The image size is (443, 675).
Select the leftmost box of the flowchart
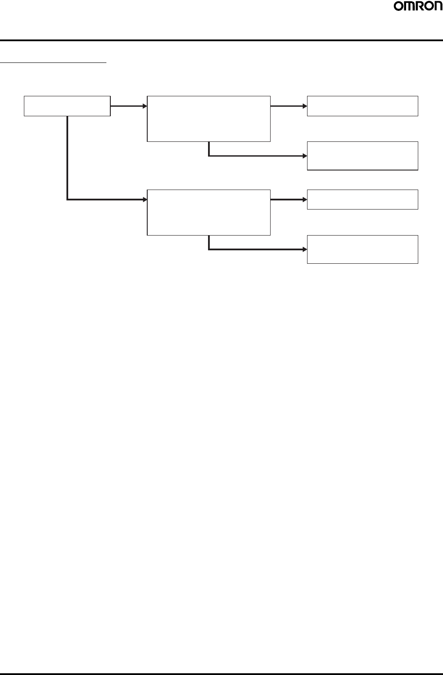pos(67,106)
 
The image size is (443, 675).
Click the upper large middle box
pos(208,118)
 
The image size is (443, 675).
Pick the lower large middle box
pos(208,212)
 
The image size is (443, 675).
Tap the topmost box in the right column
pos(362,106)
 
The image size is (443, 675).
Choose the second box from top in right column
pos(362,155)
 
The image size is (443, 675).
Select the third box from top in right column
pos(362,199)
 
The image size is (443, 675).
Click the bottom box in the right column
pos(362,249)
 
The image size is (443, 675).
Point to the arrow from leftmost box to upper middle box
pos(129,106)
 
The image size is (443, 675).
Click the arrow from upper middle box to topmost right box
pos(288,106)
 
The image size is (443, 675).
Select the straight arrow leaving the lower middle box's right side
pos(288,200)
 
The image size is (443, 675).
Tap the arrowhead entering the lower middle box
pos(145,200)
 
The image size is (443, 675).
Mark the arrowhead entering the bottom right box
pos(304,249)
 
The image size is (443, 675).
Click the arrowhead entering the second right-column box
pos(304,156)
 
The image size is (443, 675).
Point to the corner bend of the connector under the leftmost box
pos(67,200)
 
